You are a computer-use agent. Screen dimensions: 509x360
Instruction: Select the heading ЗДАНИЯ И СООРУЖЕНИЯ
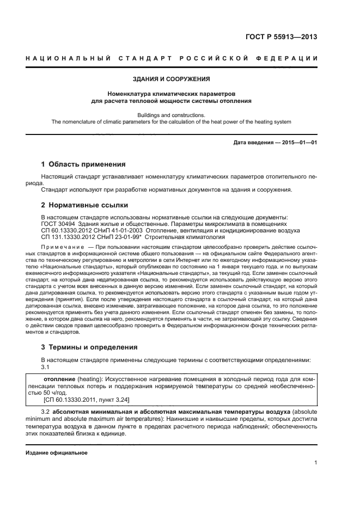pos(172,79)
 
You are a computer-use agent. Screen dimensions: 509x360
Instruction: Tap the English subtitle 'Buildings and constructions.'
pos(171,115)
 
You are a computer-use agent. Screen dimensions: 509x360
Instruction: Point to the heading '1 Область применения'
pos(83,164)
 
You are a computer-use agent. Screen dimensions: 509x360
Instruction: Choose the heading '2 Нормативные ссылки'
pos(84,205)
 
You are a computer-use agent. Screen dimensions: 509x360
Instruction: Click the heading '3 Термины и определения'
pos(89,347)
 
